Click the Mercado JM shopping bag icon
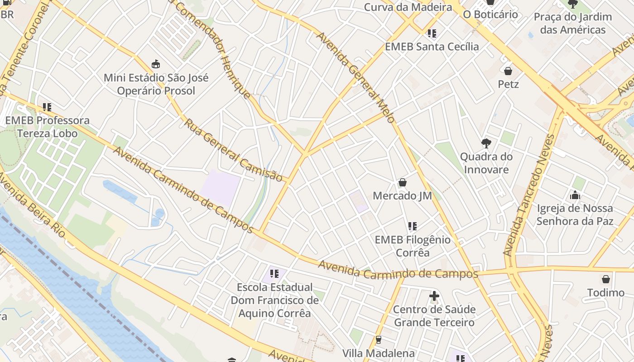[402, 182]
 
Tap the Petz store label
[508, 84]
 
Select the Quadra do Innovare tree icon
[486, 143]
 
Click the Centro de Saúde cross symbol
[434, 296]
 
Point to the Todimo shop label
[605, 293]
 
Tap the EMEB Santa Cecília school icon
[432, 33]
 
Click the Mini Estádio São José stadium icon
[156, 64]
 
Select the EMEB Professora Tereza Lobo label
[48, 127]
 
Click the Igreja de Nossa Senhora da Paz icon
[575, 195]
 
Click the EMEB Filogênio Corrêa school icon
[412, 226]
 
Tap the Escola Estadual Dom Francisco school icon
[274, 273]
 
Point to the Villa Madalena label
[378, 353]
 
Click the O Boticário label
[490, 14]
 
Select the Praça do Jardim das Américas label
[572, 24]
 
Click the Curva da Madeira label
[408, 7]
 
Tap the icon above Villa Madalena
[378, 339]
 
